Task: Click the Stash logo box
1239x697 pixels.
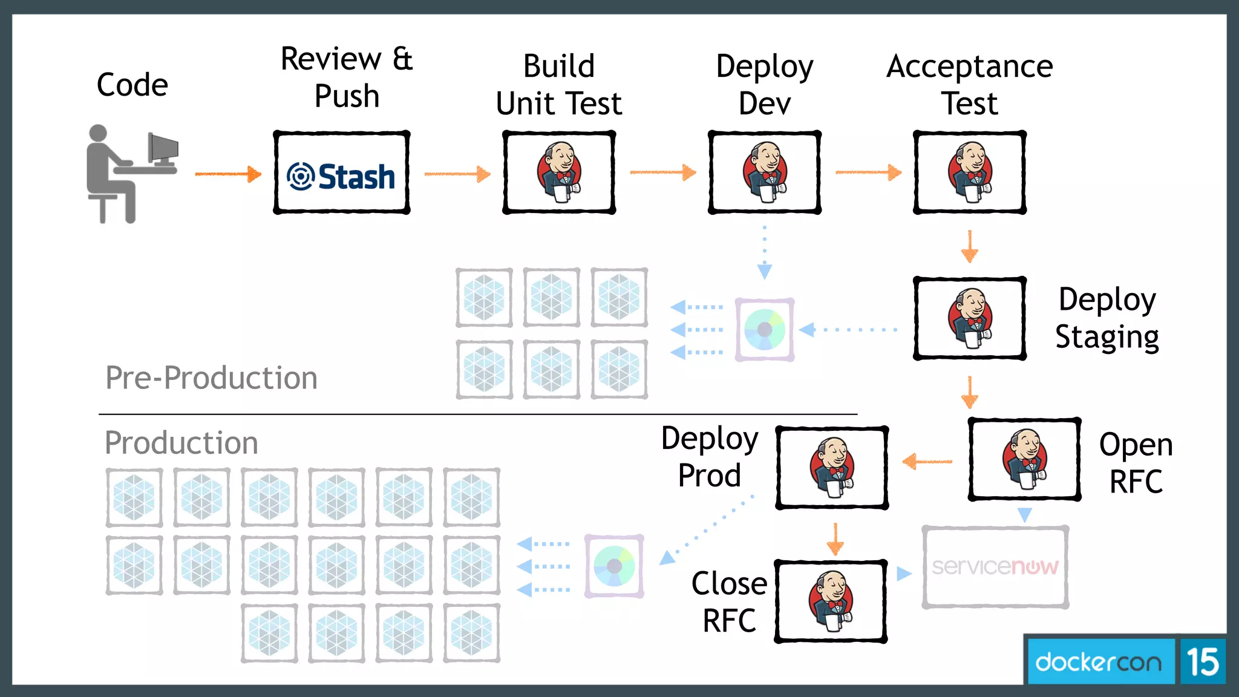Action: [341, 173]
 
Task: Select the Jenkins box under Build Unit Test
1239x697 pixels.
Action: [559, 172]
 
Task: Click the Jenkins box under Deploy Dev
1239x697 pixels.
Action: [764, 172]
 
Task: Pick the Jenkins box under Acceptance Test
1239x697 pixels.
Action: [969, 172]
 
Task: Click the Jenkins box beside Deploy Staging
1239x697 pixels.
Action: [969, 318]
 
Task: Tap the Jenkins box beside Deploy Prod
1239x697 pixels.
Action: [832, 468]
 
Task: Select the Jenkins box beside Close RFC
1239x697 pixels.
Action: [831, 601]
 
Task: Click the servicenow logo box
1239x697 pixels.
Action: [995, 567]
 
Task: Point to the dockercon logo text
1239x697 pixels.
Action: [1099, 662]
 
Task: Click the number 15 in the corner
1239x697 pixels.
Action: [1202, 662]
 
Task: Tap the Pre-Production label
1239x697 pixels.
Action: [211, 378]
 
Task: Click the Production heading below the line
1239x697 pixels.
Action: [181, 443]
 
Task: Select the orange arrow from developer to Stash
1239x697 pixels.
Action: [228, 174]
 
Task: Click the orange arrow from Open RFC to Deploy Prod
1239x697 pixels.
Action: [927, 462]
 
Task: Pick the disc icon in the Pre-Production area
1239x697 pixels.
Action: [764, 330]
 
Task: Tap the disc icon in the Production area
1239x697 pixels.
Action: [614, 566]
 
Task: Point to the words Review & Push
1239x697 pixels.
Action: [347, 77]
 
